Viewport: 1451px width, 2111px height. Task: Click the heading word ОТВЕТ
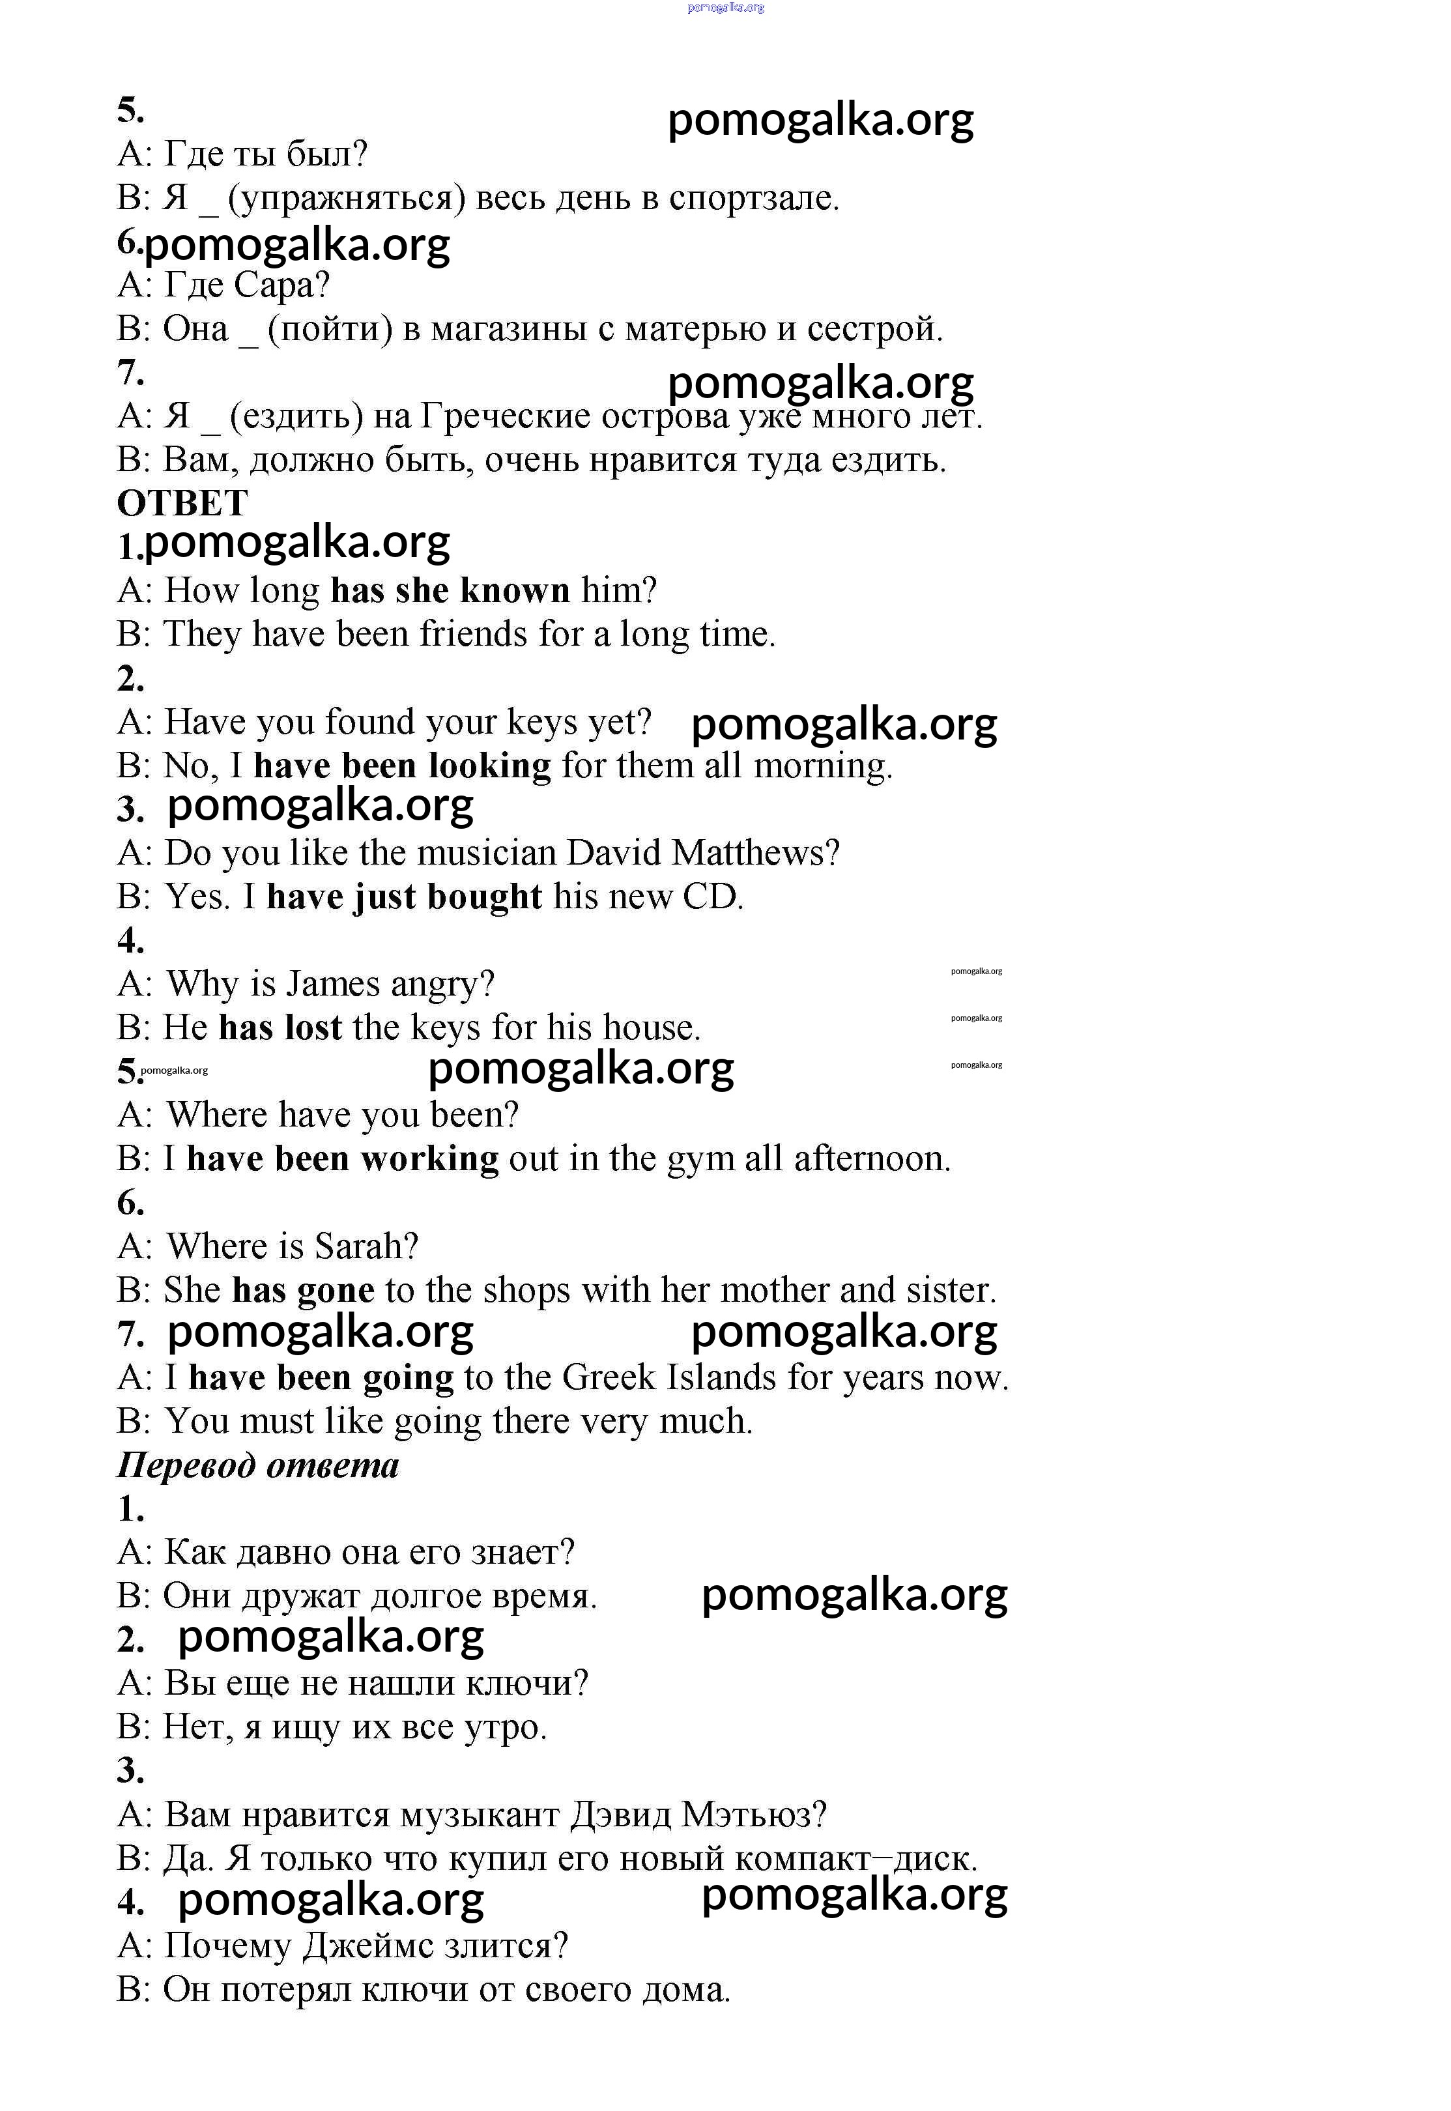coord(182,503)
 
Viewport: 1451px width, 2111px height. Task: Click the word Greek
coord(609,1377)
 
